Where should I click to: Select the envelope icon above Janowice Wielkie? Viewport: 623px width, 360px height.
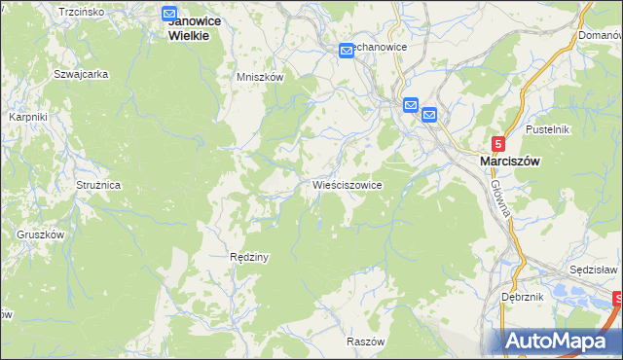click(169, 15)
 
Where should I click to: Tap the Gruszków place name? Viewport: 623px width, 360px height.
click(40, 234)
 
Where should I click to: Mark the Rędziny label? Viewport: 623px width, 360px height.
click(248, 258)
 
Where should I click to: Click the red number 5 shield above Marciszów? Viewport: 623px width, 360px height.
click(498, 142)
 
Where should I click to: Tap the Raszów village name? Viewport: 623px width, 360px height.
click(366, 342)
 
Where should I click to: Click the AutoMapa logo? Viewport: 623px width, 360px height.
click(562, 342)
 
